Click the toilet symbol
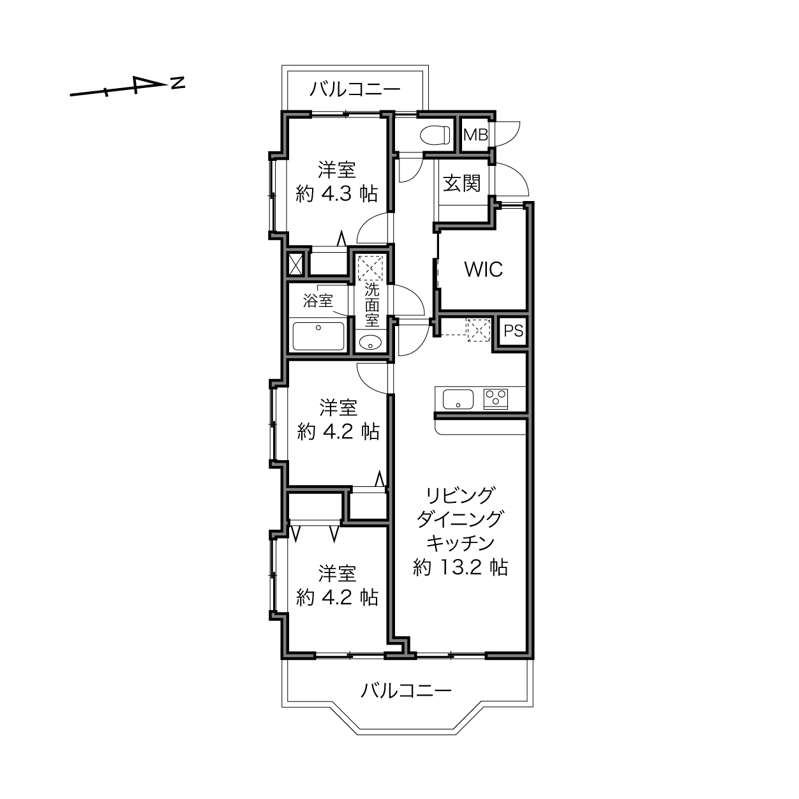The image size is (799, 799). [435, 135]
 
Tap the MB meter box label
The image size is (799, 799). [475, 135]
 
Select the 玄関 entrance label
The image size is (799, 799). [462, 183]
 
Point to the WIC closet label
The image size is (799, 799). [484, 269]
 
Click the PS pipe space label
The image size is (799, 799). [513, 331]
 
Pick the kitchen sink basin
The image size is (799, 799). [458, 399]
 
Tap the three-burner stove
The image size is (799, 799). [495, 399]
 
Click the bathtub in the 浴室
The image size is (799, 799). [318, 336]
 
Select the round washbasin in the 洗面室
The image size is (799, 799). [370, 343]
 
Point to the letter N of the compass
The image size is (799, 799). [178, 83]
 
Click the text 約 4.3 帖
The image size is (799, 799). [337, 193]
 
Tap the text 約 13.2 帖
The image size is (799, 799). [460, 567]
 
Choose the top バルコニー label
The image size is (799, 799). [355, 89]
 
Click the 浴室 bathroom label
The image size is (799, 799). [318, 301]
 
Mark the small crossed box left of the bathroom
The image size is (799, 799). [295, 264]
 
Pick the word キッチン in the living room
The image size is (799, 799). [460, 543]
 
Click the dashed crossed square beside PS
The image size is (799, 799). [479, 330]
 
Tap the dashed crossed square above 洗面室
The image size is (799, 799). [370, 268]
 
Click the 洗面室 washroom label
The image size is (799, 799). [372, 305]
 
